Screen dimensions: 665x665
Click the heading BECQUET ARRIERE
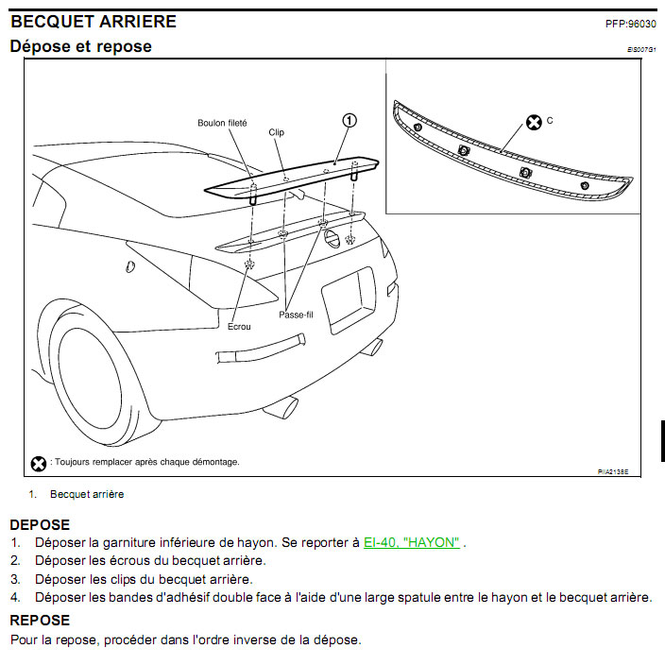[x=93, y=21]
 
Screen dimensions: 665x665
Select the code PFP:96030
[x=630, y=24]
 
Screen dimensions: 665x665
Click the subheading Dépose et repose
[x=80, y=46]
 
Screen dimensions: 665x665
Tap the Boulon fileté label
[x=223, y=123]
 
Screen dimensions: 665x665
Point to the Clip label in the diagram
[x=276, y=133]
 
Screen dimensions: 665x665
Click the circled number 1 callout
[x=350, y=120]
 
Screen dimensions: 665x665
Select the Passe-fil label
[x=296, y=315]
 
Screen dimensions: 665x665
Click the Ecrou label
[x=239, y=327]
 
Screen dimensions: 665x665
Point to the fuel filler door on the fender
[x=130, y=267]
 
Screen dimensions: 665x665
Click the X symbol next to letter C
[x=534, y=122]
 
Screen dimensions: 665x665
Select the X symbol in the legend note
[x=39, y=463]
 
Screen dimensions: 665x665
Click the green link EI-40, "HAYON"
[x=412, y=542]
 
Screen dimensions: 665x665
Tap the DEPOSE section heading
[x=40, y=524]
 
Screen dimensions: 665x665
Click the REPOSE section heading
[x=40, y=621]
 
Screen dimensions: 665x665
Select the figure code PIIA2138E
[x=613, y=469]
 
